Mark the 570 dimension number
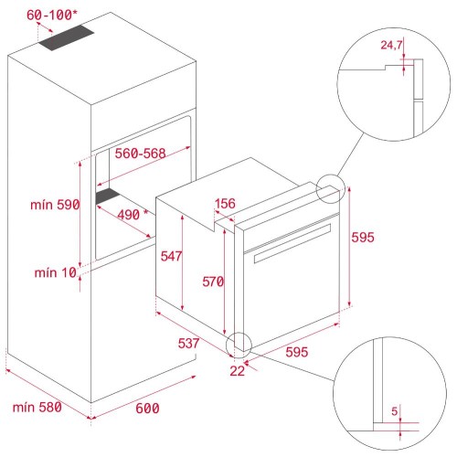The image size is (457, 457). click(x=212, y=282)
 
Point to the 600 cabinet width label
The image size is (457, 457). click(x=148, y=408)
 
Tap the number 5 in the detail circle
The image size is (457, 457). click(x=394, y=411)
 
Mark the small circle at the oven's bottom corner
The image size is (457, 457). click(x=239, y=345)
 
